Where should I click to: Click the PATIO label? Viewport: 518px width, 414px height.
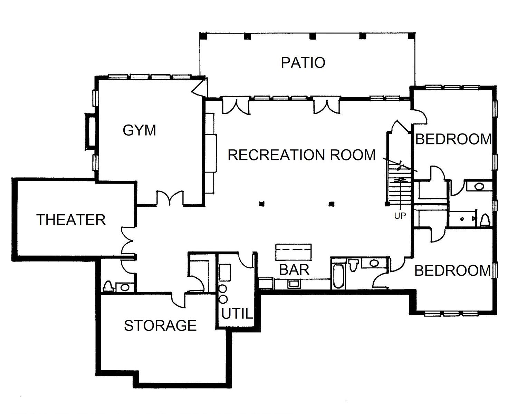click(x=303, y=62)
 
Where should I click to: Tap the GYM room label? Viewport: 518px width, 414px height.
click(x=140, y=130)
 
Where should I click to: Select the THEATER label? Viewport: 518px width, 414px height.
click(x=71, y=220)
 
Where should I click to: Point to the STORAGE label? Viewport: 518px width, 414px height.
click(x=160, y=325)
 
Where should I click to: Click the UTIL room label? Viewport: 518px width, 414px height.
click(x=237, y=314)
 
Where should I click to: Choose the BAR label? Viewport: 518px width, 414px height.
click(x=294, y=270)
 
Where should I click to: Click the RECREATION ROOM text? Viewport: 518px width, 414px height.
click(x=301, y=155)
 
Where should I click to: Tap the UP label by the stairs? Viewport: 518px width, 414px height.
click(x=400, y=216)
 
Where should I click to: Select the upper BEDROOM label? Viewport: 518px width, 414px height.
click(x=453, y=139)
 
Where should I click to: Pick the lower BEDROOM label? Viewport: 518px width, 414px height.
click(x=452, y=270)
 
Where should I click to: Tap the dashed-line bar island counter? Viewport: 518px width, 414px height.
click(x=294, y=252)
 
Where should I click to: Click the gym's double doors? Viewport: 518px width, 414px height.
click(x=170, y=198)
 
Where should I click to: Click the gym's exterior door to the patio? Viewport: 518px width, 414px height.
click(x=200, y=86)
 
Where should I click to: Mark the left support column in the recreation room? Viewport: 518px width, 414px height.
click(x=262, y=204)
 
